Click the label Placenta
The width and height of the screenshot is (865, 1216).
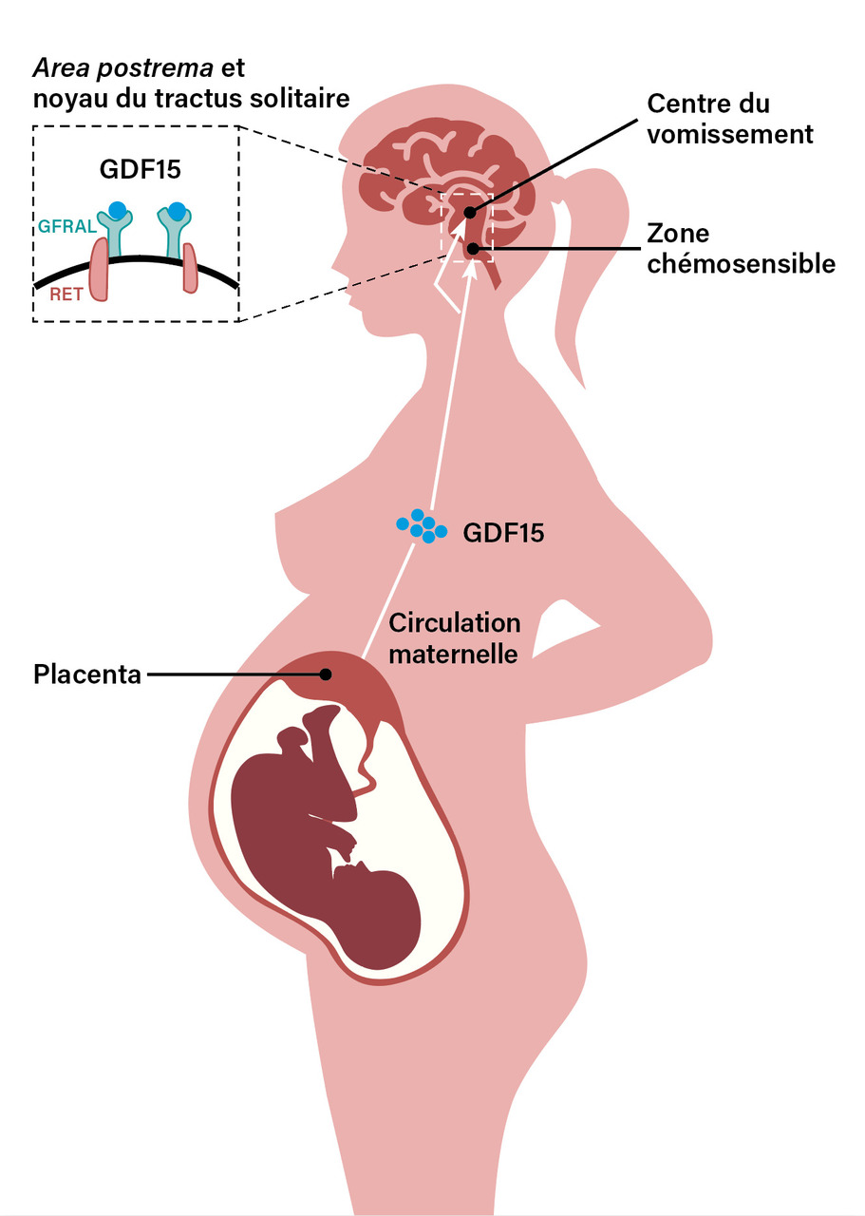(x=86, y=675)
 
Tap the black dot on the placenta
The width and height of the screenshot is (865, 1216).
(x=325, y=674)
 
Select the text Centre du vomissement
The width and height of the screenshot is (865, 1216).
(x=729, y=119)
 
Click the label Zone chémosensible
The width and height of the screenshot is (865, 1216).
(x=741, y=248)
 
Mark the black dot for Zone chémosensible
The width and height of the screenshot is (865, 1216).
(x=480, y=249)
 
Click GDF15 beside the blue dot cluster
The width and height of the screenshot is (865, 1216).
(x=503, y=533)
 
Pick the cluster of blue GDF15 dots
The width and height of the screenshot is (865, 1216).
(x=422, y=525)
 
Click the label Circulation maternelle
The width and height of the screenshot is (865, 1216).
(x=455, y=638)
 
